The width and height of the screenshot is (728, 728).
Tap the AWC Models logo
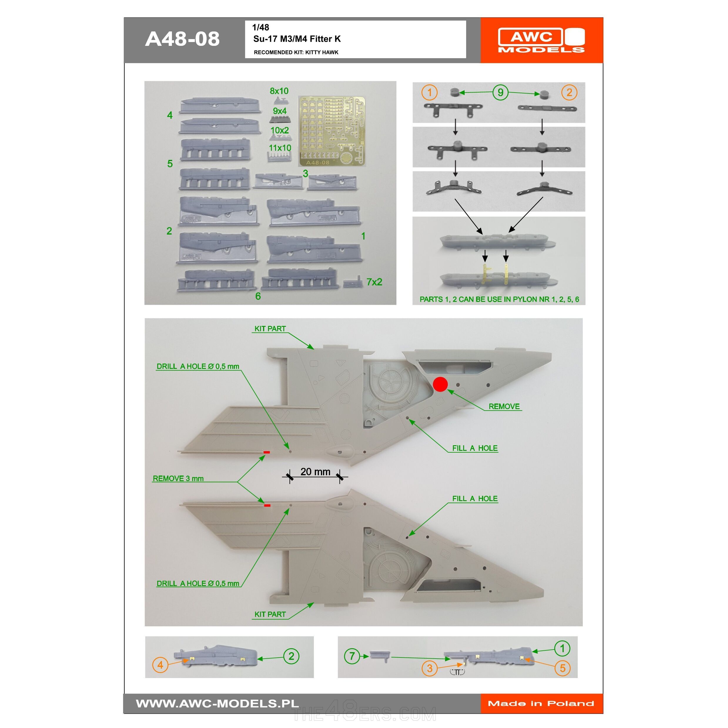click(x=541, y=40)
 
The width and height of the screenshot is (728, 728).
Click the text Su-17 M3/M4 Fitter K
click(x=297, y=39)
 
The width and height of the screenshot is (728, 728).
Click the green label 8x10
click(x=279, y=91)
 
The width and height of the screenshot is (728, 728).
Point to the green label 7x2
click(x=374, y=282)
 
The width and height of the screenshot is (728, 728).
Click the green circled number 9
click(x=501, y=92)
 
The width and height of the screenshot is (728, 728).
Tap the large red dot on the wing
click(x=440, y=384)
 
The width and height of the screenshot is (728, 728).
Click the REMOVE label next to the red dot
click(x=504, y=406)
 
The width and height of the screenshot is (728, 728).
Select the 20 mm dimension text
click(x=315, y=472)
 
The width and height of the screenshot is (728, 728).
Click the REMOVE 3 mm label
click(x=178, y=478)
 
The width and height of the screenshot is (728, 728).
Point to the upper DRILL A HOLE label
click(x=198, y=366)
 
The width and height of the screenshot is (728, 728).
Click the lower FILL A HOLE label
click(x=475, y=498)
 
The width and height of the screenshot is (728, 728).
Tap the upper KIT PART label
click(x=270, y=329)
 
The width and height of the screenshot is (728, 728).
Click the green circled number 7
click(x=352, y=656)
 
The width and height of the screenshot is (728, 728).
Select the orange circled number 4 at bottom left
click(x=160, y=665)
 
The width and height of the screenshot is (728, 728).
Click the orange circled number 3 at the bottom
click(x=430, y=668)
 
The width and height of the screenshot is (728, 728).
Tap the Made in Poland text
click(x=541, y=704)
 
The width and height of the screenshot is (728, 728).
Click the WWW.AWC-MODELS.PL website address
click(x=217, y=704)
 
